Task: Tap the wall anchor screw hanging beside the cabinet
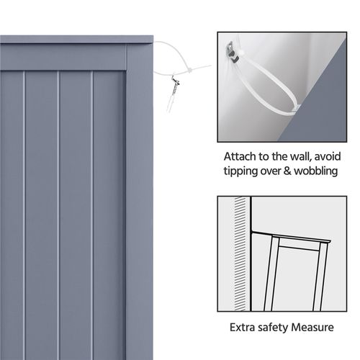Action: point(172,91)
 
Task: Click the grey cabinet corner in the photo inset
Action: point(317,122)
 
